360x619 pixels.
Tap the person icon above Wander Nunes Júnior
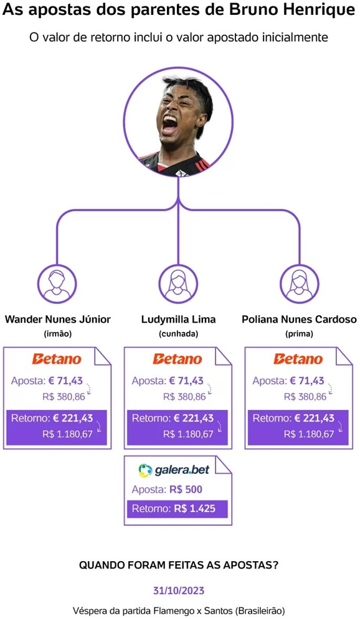57,283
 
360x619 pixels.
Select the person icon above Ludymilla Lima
178,283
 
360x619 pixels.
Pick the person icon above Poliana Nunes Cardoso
299,283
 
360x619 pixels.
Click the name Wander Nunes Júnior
58,319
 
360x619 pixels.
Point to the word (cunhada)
178,334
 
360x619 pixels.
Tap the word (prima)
299,334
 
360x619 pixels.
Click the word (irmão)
58,334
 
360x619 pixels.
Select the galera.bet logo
174,470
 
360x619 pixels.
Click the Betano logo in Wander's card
57,359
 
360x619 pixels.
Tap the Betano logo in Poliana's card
298,359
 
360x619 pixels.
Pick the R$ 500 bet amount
186,489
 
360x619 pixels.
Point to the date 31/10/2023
179,590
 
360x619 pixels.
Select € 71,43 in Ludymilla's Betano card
186,381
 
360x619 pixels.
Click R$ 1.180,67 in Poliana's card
310,434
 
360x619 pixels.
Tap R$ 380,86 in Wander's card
64,397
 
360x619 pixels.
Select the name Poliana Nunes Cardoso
299,319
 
